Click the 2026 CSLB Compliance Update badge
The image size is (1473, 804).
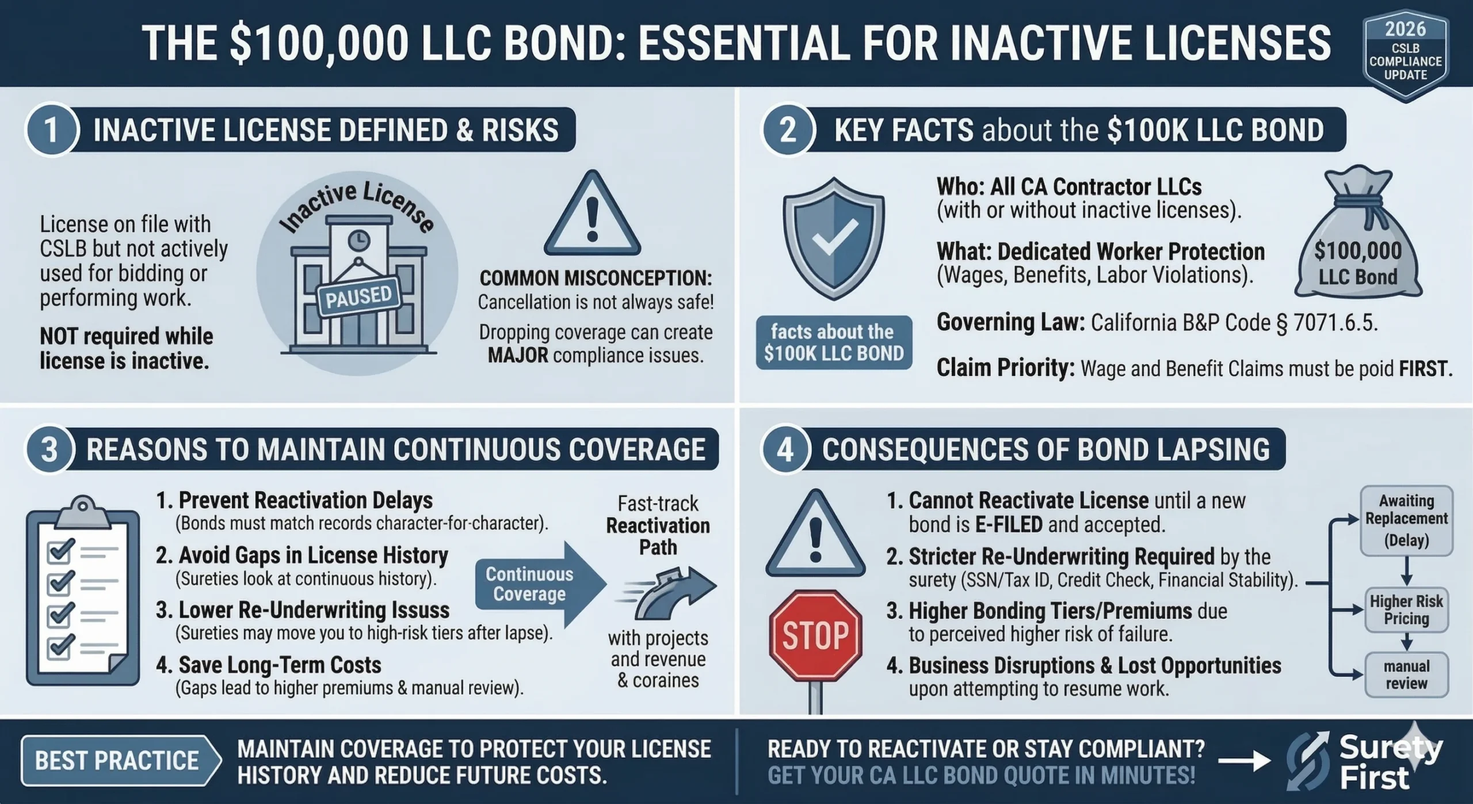pyautogui.click(x=1405, y=55)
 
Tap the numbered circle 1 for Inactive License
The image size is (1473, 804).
pyautogui.click(x=51, y=129)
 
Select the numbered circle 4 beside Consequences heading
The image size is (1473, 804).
pyautogui.click(x=786, y=449)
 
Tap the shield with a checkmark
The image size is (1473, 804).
pyautogui.click(x=833, y=238)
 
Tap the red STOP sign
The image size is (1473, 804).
pyautogui.click(x=815, y=635)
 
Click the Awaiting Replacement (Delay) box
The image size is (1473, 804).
pyautogui.click(x=1406, y=520)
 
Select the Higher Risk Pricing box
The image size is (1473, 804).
pyautogui.click(x=1406, y=610)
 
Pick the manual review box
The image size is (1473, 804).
pyautogui.click(x=1406, y=675)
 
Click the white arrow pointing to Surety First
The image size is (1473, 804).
pyautogui.click(x=1244, y=761)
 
